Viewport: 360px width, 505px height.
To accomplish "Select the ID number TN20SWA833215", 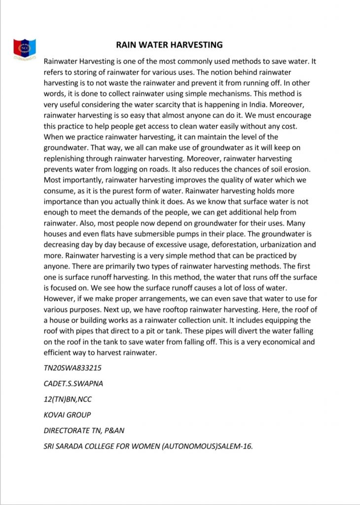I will (73, 368).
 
